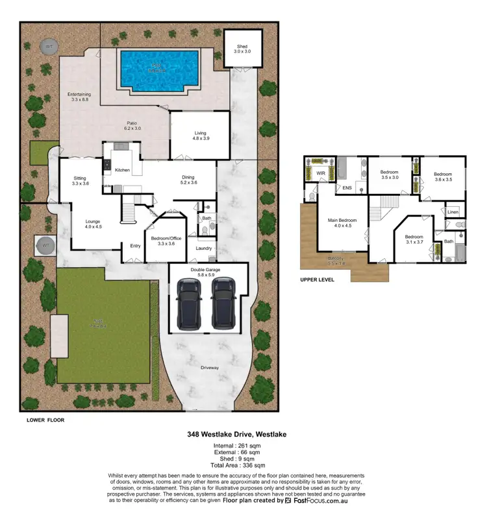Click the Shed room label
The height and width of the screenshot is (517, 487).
click(x=242, y=49)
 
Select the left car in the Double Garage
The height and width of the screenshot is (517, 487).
click(x=189, y=302)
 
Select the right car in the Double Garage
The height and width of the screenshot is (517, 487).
click(x=223, y=302)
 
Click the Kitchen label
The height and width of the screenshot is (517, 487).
click(x=122, y=170)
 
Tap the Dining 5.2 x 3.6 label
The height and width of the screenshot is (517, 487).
click(x=189, y=180)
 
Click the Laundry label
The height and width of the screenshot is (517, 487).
click(x=204, y=248)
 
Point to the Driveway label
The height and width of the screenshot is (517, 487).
click(x=210, y=368)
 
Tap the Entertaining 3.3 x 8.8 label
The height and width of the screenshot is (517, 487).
click(x=80, y=98)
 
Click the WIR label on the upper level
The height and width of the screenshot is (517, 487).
click(x=320, y=174)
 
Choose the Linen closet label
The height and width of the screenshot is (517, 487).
click(x=453, y=212)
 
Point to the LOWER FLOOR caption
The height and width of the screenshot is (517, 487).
click(x=45, y=420)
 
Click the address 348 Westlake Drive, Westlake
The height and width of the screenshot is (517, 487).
click(x=243, y=435)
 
